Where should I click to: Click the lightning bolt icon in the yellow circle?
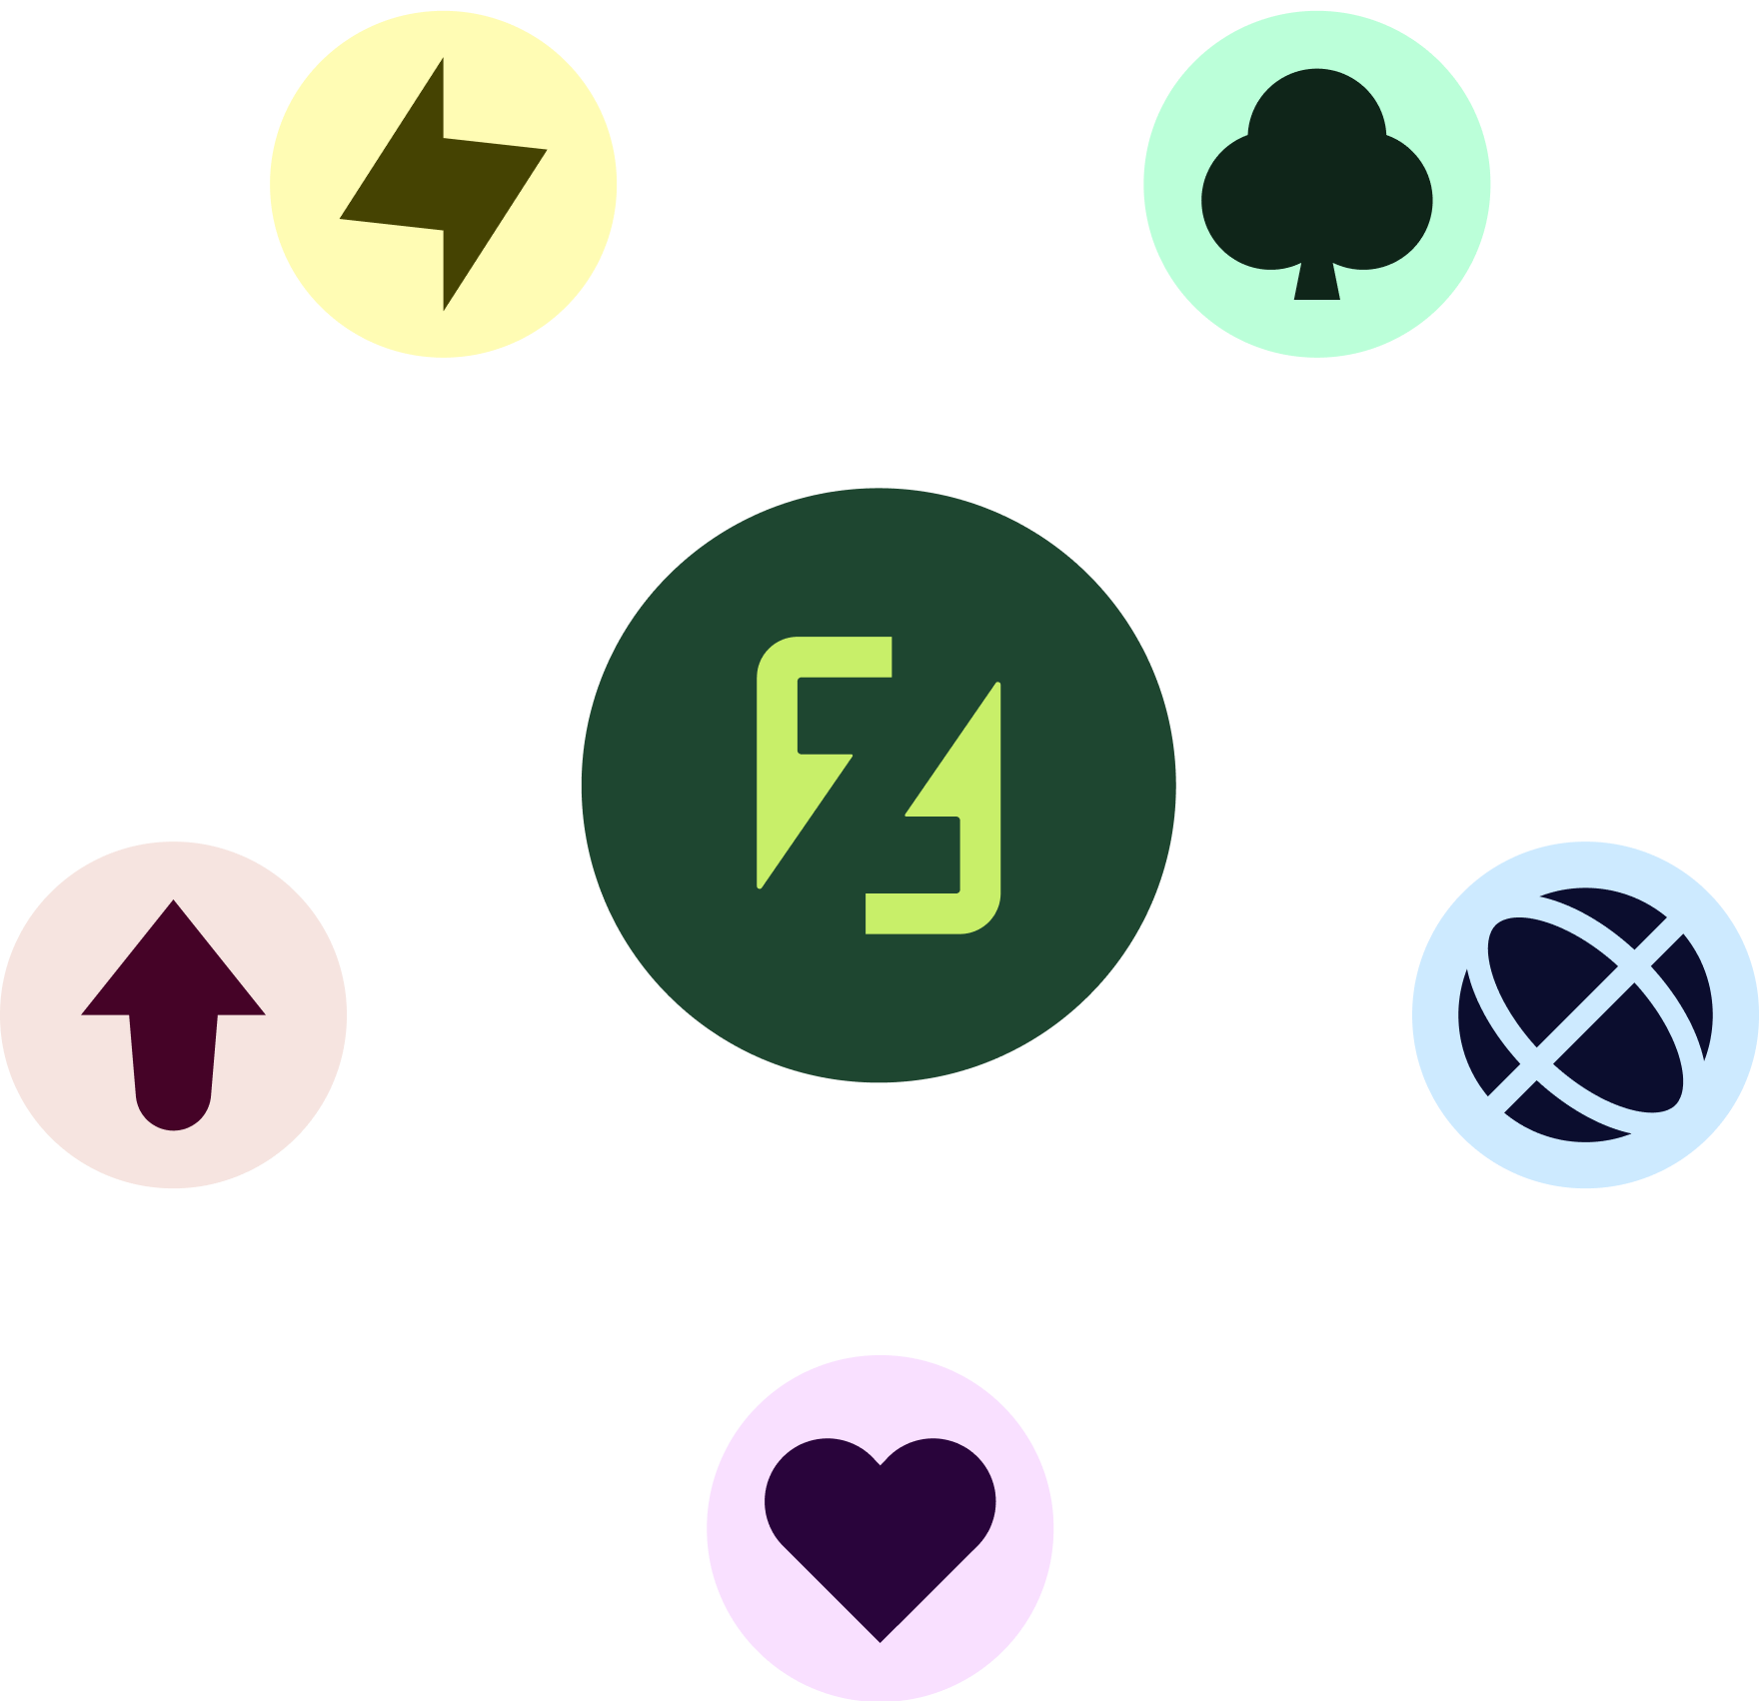(444, 185)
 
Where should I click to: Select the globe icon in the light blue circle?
(1585, 1014)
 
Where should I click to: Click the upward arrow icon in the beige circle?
(173, 1009)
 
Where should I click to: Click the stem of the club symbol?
(1316, 282)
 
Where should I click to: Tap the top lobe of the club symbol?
(1316, 110)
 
